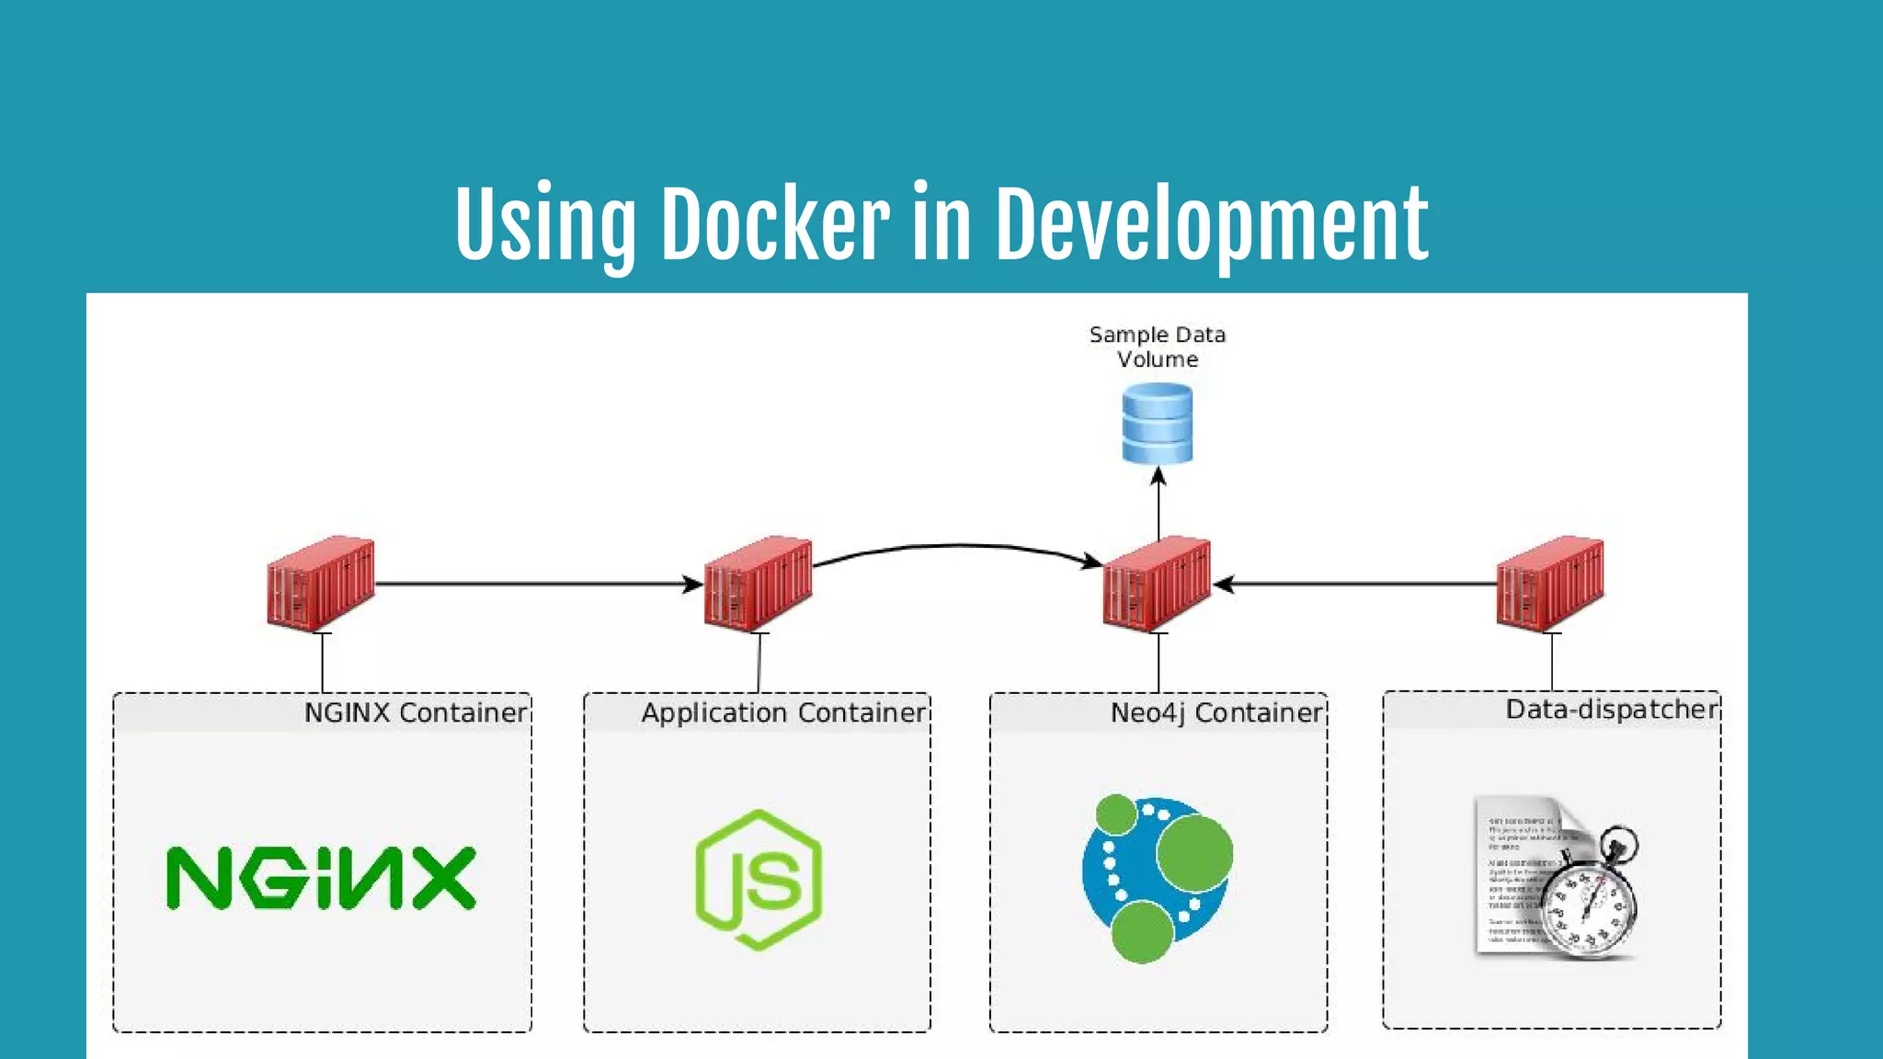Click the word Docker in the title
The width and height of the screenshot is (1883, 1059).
(774, 223)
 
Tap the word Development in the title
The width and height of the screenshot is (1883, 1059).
(1211, 223)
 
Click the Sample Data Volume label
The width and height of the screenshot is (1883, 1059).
(1157, 347)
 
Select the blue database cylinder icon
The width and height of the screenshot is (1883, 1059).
(1157, 424)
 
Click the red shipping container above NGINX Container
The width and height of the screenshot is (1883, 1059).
(321, 583)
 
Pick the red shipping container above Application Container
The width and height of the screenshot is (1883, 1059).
(758, 583)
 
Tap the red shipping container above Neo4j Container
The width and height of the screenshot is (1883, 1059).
(1157, 583)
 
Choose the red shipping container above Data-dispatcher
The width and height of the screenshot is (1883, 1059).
(1550, 583)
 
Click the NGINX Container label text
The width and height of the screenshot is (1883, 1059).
(416, 712)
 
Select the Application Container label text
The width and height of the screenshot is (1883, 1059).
(783, 712)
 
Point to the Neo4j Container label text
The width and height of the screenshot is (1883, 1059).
(1215, 712)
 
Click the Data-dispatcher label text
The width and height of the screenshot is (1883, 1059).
(1611, 709)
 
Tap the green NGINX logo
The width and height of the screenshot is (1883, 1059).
(321, 879)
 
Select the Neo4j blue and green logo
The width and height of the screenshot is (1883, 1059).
(1157, 878)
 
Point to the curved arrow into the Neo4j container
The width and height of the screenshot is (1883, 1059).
(956, 546)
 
